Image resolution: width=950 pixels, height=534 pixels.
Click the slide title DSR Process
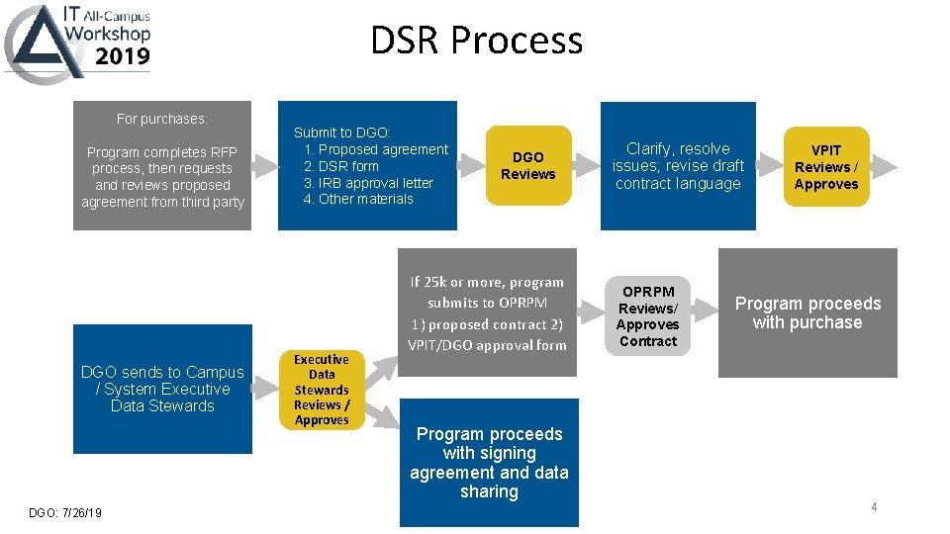click(x=476, y=41)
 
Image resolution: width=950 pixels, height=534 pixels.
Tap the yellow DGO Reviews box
click(x=527, y=165)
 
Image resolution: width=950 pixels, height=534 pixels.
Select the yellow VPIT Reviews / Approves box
click(x=825, y=166)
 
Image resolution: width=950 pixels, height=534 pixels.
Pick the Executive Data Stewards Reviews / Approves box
click(x=322, y=390)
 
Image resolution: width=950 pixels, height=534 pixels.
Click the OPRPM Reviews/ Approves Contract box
click(x=647, y=316)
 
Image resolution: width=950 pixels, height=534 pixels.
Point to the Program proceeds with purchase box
click(x=807, y=312)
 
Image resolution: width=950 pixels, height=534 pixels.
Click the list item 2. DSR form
click(x=341, y=166)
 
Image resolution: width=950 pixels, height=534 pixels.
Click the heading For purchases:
click(x=162, y=119)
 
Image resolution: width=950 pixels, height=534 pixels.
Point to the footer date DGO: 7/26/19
click(x=64, y=511)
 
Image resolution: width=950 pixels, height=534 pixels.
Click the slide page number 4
click(x=874, y=507)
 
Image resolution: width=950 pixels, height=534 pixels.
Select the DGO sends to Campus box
click(x=162, y=389)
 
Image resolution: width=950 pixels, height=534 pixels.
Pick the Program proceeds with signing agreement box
click(x=489, y=462)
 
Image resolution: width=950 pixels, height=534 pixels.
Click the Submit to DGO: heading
click(x=342, y=133)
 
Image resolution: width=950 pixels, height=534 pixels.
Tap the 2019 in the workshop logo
click(x=123, y=55)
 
